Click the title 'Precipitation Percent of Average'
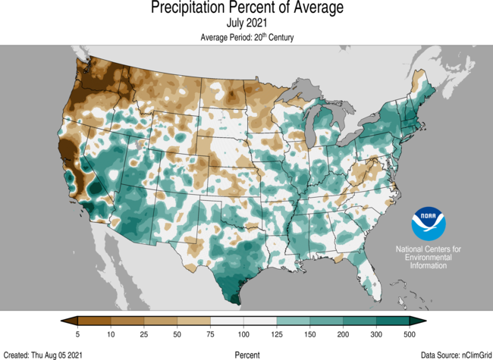click(x=246, y=8)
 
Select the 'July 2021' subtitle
click(x=246, y=23)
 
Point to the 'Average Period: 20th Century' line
click(x=246, y=37)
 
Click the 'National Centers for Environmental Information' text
click(x=428, y=258)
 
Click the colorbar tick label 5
click(x=78, y=334)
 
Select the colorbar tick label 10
click(x=111, y=334)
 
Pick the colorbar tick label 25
click(x=144, y=334)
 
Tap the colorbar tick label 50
click(x=177, y=334)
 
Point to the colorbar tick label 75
click(x=210, y=334)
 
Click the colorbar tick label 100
click(x=243, y=334)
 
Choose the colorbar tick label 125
click(x=277, y=334)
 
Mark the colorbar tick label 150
click(x=309, y=334)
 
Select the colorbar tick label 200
click(x=343, y=334)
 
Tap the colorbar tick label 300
click(x=376, y=334)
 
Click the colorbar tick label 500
click(x=409, y=334)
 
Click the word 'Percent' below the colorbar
click(x=246, y=354)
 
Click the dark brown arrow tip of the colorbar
click(x=67, y=321)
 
